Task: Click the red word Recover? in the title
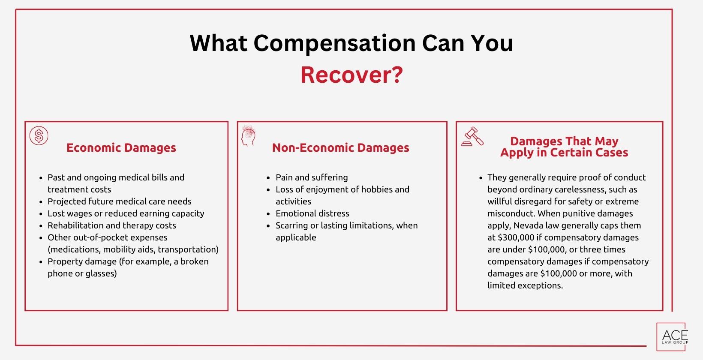351,75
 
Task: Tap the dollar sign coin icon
39,136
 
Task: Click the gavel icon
472,137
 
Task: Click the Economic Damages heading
121,148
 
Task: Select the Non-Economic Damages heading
341,148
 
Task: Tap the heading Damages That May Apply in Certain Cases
564,147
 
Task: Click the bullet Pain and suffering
312,177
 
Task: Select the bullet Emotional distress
312,213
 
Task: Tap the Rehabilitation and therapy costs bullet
111,225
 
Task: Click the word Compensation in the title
335,43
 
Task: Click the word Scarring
291,225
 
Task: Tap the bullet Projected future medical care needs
119,201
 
